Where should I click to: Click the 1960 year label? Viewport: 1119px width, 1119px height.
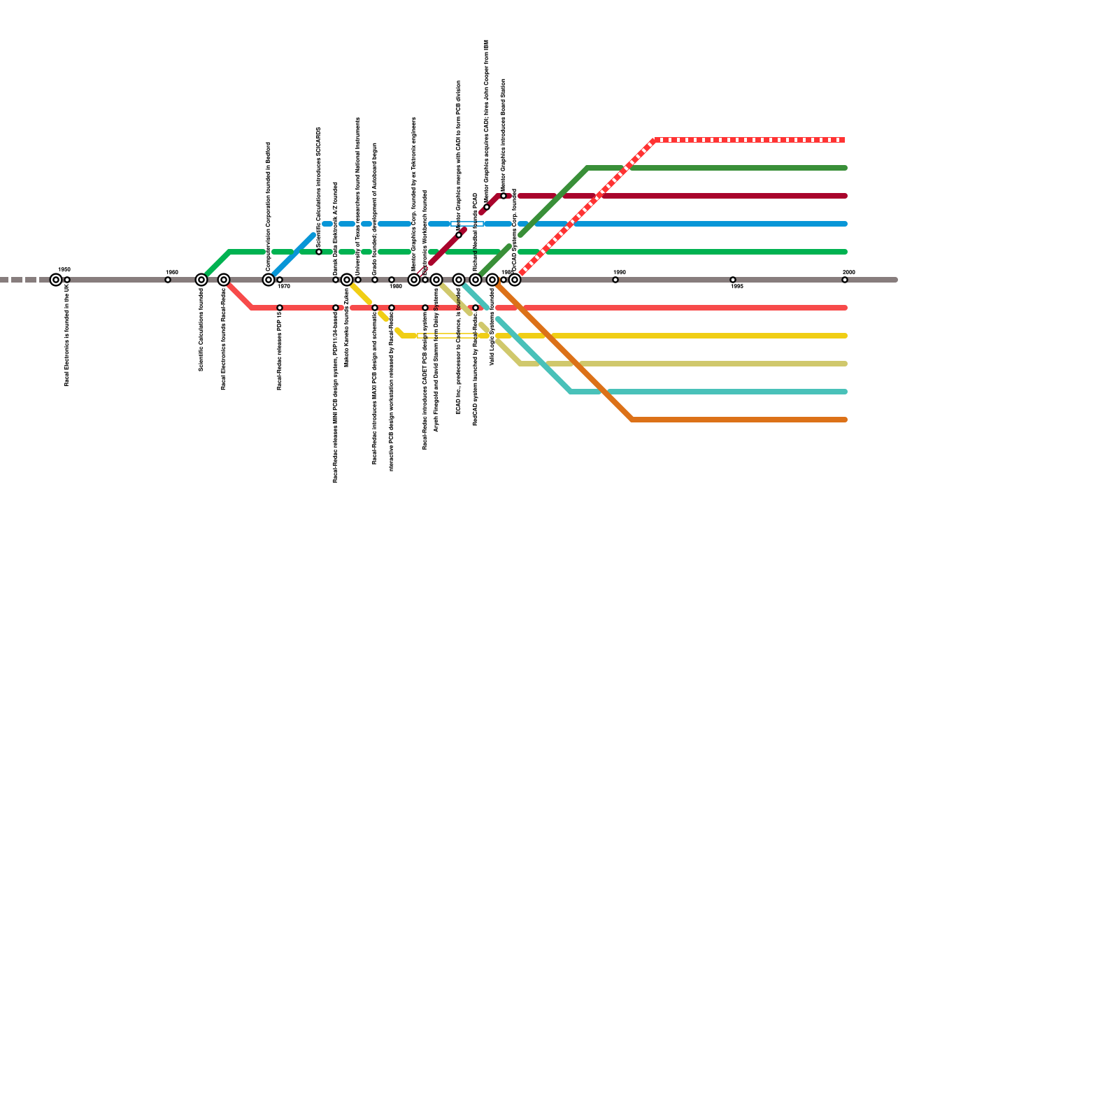coord(172,272)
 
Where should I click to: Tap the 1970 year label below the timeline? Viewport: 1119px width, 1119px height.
coord(284,287)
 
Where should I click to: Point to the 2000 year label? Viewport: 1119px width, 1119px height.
coord(849,272)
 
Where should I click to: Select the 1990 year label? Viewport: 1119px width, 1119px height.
coord(620,272)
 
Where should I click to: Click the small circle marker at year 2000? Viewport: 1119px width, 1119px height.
coord(845,280)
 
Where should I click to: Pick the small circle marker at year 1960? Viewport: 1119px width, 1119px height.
coord(168,280)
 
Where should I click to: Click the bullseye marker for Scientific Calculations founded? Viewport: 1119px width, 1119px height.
coord(201,280)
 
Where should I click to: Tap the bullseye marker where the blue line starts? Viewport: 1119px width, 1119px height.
coord(269,280)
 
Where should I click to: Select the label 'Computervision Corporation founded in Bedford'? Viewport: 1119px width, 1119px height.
coord(269,206)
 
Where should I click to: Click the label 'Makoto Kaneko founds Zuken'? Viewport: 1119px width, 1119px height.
coord(347,327)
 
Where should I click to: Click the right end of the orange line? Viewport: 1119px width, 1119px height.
coord(845,420)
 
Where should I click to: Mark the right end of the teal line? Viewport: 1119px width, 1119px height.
coord(845,392)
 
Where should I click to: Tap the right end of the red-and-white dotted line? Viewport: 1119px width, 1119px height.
coord(843,140)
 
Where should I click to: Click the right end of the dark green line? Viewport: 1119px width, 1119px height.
coord(845,168)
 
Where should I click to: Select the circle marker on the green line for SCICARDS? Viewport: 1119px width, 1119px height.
coord(319,252)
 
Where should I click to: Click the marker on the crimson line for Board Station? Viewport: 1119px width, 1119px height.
coord(504,196)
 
